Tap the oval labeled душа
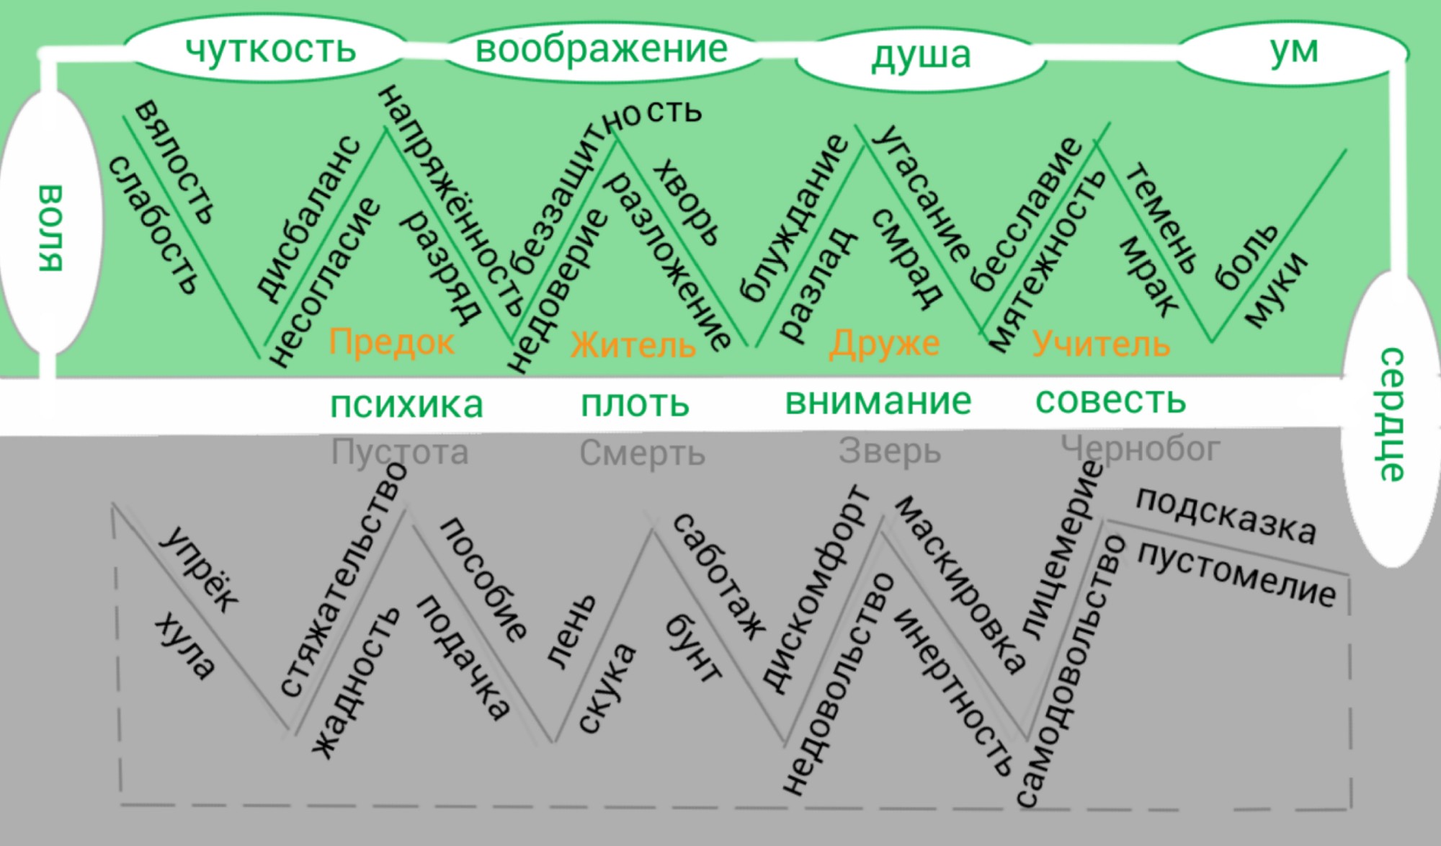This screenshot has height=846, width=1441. (x=921, y=55)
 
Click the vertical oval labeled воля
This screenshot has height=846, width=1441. (x=50, y=225)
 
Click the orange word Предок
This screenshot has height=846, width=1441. (x=391, y=342)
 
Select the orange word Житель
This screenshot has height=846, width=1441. (x=633, y=345)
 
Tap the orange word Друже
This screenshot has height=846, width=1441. (x=884, y=344)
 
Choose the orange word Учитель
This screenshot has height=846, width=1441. (x=1101, y=344)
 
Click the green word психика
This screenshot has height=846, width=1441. (x=406, y=405)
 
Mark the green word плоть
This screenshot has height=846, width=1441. (x=635, y=404)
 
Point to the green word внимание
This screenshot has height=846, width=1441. (x=878, y=401)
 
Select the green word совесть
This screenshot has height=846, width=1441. (x=1110, y=400)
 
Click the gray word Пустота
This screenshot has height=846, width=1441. (x=400, y=453)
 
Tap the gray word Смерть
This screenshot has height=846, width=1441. (x=642, y=453)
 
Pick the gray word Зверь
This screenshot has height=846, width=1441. (x=890, y=452)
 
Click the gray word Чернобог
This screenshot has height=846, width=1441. (x=1141, y=449)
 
